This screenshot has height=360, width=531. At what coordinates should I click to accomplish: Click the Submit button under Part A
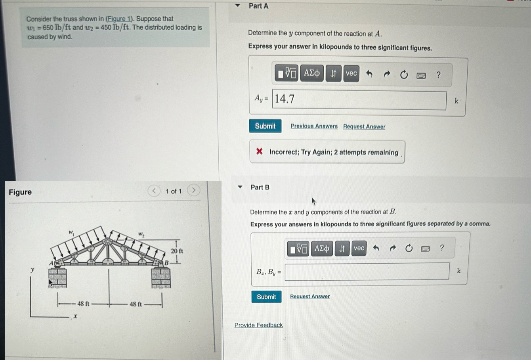pos(265,126)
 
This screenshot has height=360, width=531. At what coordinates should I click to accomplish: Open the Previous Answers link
pos(314,126)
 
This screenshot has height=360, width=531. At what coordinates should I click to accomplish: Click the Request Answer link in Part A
pos(364,126)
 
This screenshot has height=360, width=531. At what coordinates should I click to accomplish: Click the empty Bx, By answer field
pos(367,271)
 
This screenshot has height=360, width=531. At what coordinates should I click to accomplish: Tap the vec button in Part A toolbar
pos(351,74)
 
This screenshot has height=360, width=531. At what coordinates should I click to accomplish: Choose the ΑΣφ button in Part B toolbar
pos(321,249)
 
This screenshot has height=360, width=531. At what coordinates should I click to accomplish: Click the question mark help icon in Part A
pos(438,75)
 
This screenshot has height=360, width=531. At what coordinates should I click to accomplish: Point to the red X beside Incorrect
pos(260,151)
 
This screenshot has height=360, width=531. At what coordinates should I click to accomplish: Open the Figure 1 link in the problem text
pos(119,19)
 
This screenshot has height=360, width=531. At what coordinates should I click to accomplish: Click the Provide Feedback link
pos(258,325)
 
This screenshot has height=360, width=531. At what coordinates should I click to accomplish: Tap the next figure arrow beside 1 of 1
pos(193,190)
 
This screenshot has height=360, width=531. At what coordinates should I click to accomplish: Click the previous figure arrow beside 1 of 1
pos(154,191)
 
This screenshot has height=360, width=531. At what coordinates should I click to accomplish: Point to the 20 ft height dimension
pos(177,251)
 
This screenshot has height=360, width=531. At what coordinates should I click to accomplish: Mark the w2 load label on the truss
pos(141,235)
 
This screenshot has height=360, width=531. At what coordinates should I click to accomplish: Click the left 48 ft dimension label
pos(83,304)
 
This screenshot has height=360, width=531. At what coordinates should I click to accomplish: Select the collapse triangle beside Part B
pos(240,187)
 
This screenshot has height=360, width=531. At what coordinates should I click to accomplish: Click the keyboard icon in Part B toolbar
pos(425,249)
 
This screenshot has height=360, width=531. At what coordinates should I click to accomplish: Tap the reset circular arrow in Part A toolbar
pos(404,75)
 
